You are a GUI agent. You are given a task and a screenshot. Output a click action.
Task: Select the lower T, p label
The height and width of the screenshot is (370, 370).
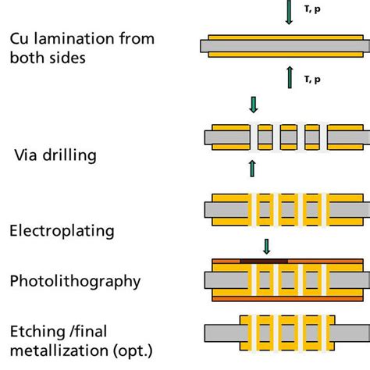click(x=311, y=78)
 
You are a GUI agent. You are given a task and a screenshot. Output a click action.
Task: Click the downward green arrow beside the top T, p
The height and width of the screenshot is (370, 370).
click(x=289, y=13)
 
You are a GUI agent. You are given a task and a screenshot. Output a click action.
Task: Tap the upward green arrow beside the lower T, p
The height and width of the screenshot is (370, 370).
click(x=289, y=76)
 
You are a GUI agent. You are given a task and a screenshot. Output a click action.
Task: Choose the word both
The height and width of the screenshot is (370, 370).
click(x=28, y=59)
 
